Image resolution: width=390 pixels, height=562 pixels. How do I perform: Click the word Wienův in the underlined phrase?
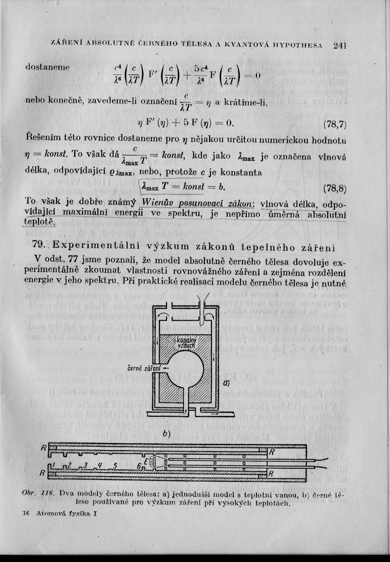click(x=157, y=204)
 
